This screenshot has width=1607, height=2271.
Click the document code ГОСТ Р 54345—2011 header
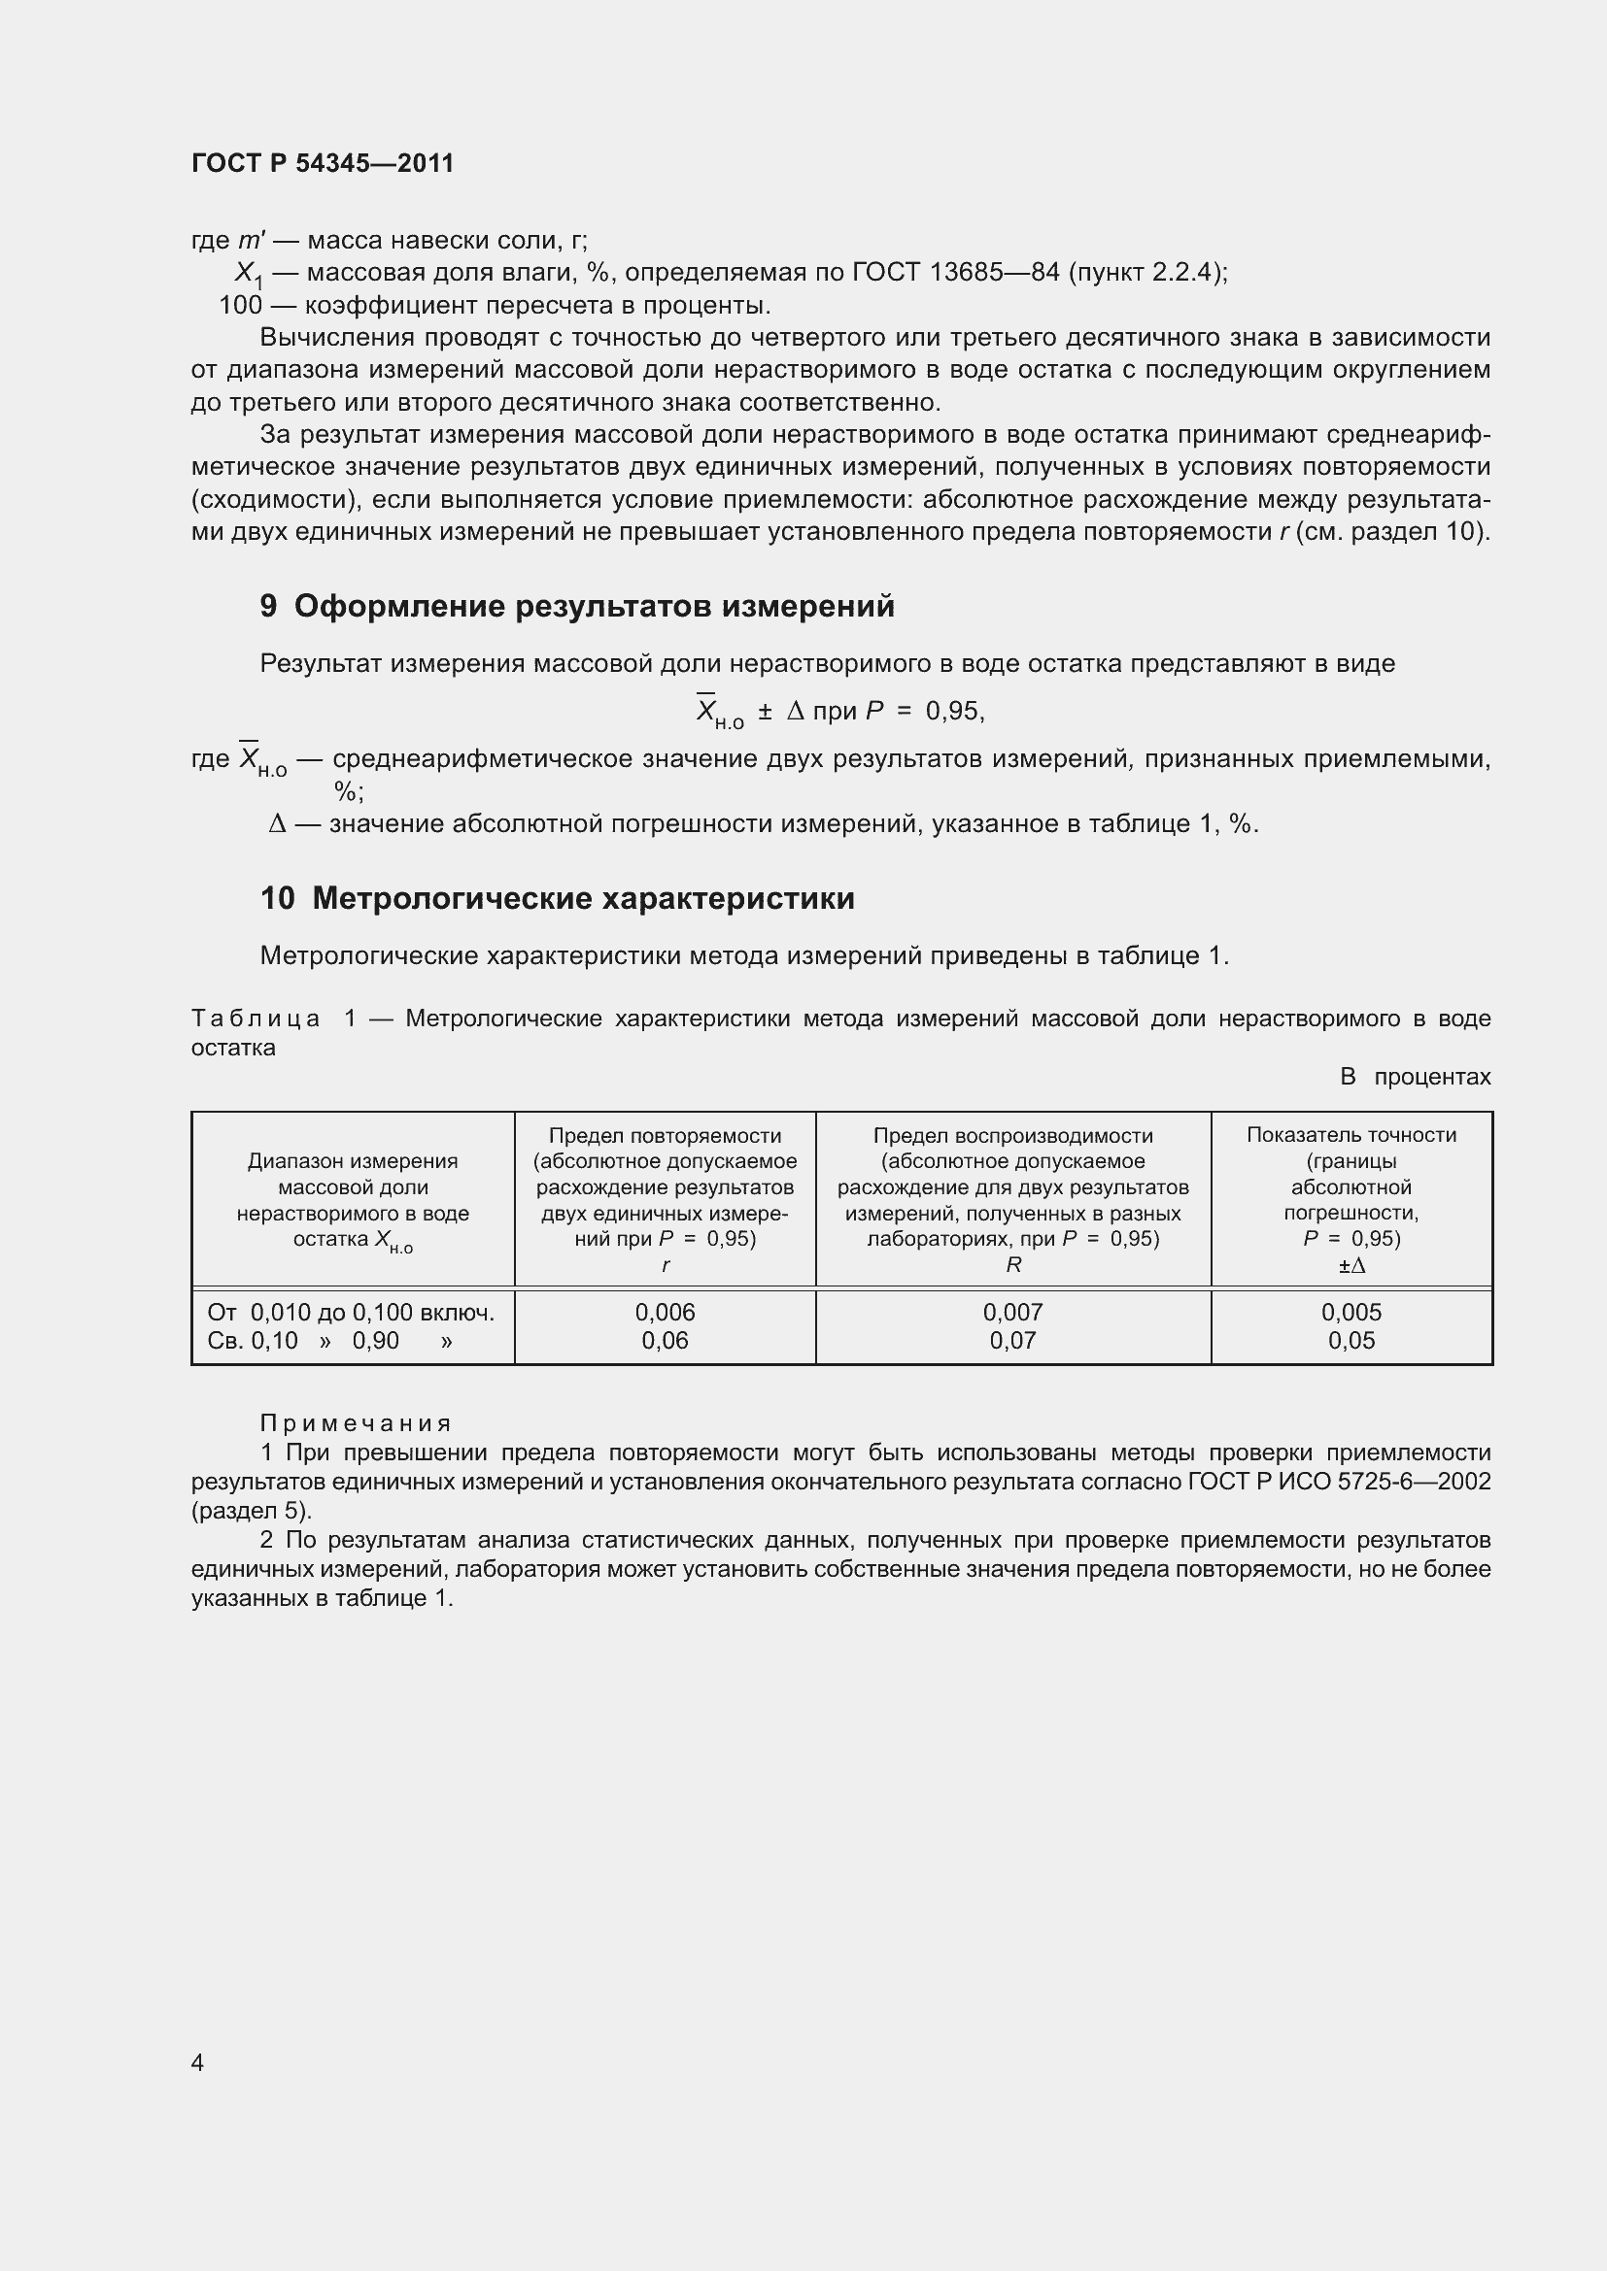pyautogui.click(x=323, y=163)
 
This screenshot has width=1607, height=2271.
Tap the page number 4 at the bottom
pyautogui.click(x=198, y=2062)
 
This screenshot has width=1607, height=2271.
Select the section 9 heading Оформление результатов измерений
pyautogui.click(x=577, y=606)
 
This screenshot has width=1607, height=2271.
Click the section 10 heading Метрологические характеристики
pyautogui.click(x=557, y=898)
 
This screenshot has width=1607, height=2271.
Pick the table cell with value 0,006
pyautogui.click(x=665, y=1313)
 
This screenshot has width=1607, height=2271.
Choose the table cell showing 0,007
pyautogui.click(x=1012, y=1313)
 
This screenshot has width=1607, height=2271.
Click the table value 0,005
pyautogui.click(x=1351, y=1313)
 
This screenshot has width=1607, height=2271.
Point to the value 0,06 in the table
pyautogui.click(x=665, y=1341)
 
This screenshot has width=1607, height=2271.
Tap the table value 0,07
pyautogui.click(x=1012, y=1341)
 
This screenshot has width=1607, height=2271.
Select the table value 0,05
pyautogui.click(x=1351, y=1341)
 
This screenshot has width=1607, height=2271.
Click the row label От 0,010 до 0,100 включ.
pyautogui.click(x=352, y=1313)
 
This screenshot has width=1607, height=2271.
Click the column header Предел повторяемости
pyautogui.click(x=665, y=1136)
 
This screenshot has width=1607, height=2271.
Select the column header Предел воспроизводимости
pyautogui.click(x=1012, y=1136)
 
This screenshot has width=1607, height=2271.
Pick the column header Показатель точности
pyautogui.click(x=1351, y=1136)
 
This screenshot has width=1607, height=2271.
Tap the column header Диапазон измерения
pyautogui.click(x=353, y=1161)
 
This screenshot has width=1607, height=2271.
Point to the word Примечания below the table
pyautogui.click(x=356, y=1423)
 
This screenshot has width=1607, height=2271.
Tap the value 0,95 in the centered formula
pyautogui.click(x=951, y=711)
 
